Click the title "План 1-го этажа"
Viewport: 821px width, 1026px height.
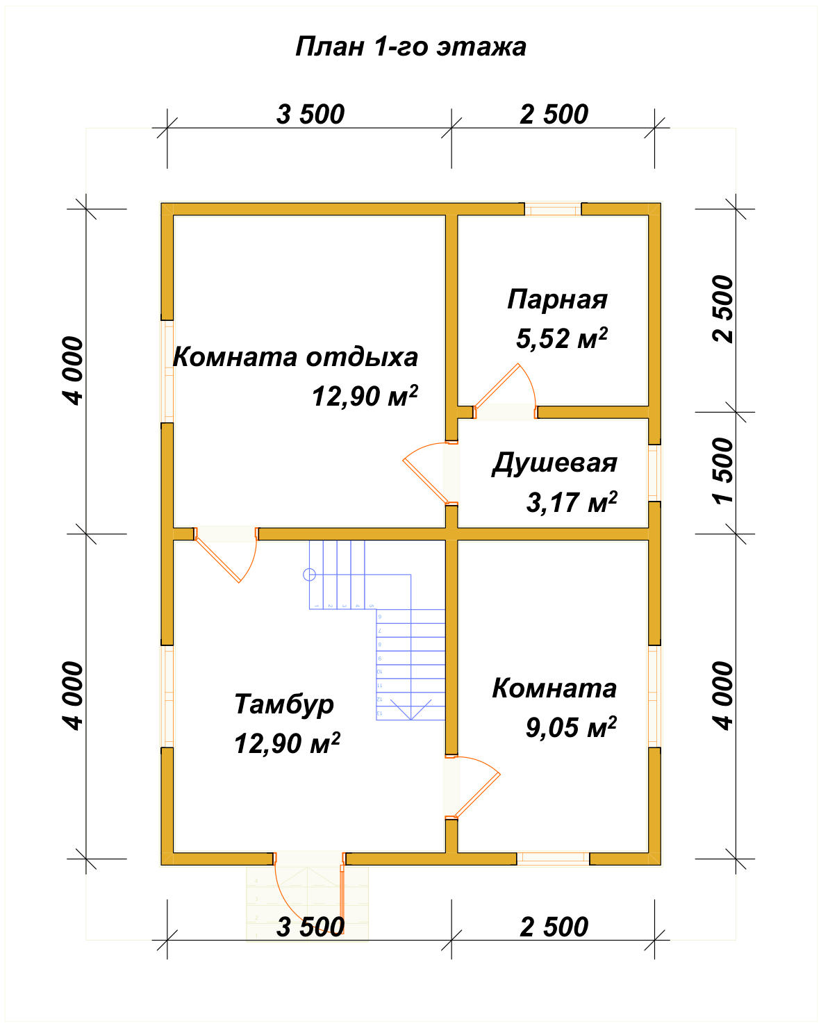[x=410, y=47]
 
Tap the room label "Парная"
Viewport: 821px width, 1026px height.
[x=557, y=299]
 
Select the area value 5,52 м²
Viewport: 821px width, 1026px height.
[x=561, y=338]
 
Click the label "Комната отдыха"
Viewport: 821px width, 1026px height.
[x=295, y=357]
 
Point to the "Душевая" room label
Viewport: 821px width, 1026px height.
[x=554, y=463]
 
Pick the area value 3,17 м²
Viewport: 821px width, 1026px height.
[x=571, y=502]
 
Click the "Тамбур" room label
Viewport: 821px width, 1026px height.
[x=284, y=704]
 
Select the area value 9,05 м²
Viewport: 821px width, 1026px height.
[x=570, y=727]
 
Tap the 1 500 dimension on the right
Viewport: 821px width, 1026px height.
[x=722, y=471]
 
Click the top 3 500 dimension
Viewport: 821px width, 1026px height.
[x=310, y=115]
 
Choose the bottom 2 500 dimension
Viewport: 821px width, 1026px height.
[x=554, y=927]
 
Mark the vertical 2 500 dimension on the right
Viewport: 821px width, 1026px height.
[x=722, y=309]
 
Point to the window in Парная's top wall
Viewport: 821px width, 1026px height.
[x=553, y=209]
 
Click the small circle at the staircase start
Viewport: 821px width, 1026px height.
[x=310, y=574]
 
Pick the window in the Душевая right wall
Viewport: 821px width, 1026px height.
[x=654, y=472]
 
